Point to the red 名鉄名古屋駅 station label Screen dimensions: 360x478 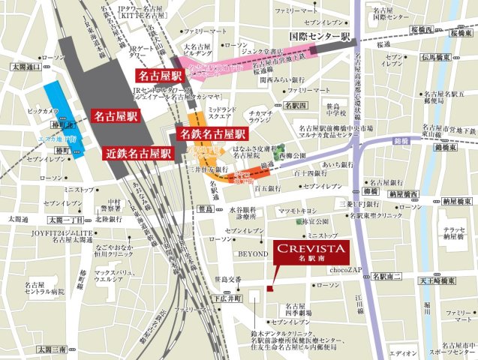click(212, 134)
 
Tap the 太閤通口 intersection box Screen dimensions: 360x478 click(25, 66)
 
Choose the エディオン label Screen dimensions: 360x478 click(404, 352)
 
